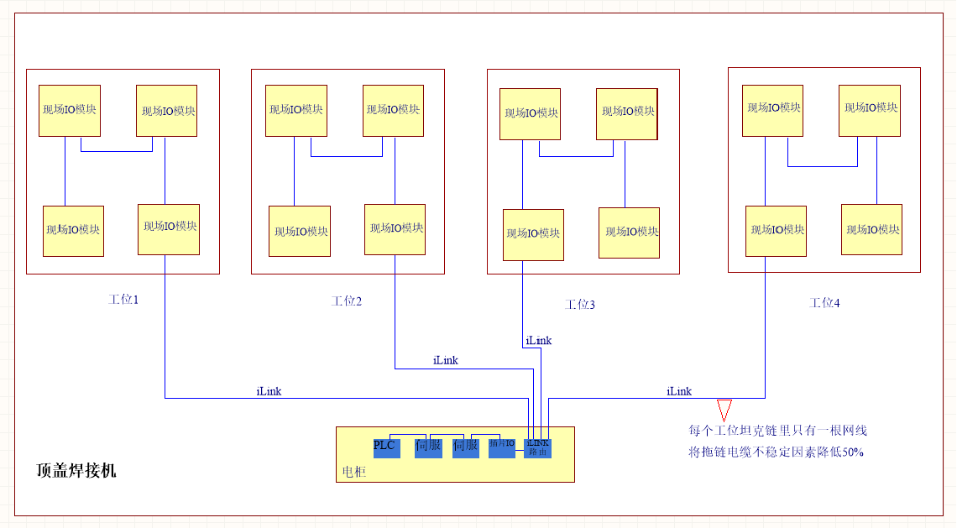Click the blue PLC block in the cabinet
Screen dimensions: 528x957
coord(386,447)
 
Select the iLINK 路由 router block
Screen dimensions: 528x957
coord(537,448)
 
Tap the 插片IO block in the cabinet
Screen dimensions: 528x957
coord(501,447)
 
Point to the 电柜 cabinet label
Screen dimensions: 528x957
coord(354,472)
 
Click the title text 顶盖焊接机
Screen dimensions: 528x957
coord(76,471)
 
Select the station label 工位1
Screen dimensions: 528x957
coord(123,299)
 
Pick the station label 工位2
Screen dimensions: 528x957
coord(347,301)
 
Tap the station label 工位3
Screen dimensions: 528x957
coord(580,305)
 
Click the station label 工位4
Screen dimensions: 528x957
coord(824,302)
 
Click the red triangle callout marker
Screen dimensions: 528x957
coord(724,409)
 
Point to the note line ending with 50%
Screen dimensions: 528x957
coord(777,452)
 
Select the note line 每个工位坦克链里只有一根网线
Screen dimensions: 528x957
coord(777,431)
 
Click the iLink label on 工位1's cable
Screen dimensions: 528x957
coord(269,391)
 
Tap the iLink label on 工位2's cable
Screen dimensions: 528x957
coord(446,360)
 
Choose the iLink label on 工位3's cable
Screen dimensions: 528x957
coord(539,341)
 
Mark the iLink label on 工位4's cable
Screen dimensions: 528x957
coord(679,391)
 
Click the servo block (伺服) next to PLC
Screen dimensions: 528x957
coord(428,447)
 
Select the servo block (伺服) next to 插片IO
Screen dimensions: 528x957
coord(465,447)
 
